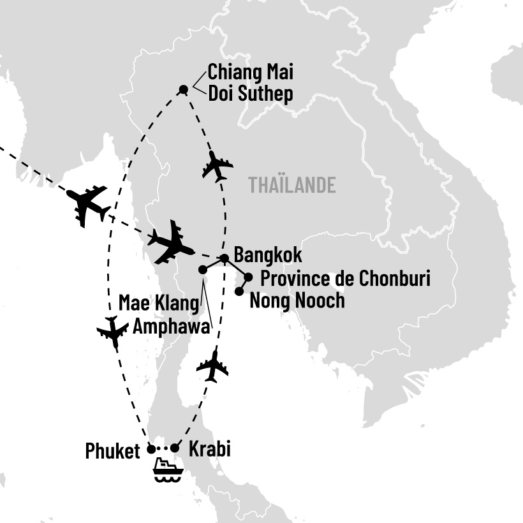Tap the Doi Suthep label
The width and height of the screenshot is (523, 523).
click(251, 95)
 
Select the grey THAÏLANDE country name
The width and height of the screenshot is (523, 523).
click(292, 186)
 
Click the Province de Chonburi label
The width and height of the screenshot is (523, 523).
click(346, 279)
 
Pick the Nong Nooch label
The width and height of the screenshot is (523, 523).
click(297, 300)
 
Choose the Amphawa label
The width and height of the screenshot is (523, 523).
click(172, 327)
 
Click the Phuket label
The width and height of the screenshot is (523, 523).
click(112, 452)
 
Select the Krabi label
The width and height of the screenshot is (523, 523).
click(210, 449)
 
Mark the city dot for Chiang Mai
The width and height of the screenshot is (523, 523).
click(184, 89)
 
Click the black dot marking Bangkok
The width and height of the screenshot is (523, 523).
click(225, 258)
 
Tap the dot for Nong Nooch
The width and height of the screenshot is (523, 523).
click(239, 291)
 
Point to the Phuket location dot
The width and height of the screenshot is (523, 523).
click(151, 448)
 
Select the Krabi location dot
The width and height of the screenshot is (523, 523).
click(175, 448)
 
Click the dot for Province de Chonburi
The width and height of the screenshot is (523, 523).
click(249, 277)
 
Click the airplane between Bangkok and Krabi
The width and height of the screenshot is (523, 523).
click(212, 366)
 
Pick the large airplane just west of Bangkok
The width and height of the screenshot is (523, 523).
click(170, 241)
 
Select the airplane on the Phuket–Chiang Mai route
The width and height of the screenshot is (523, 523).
click(113, 332)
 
